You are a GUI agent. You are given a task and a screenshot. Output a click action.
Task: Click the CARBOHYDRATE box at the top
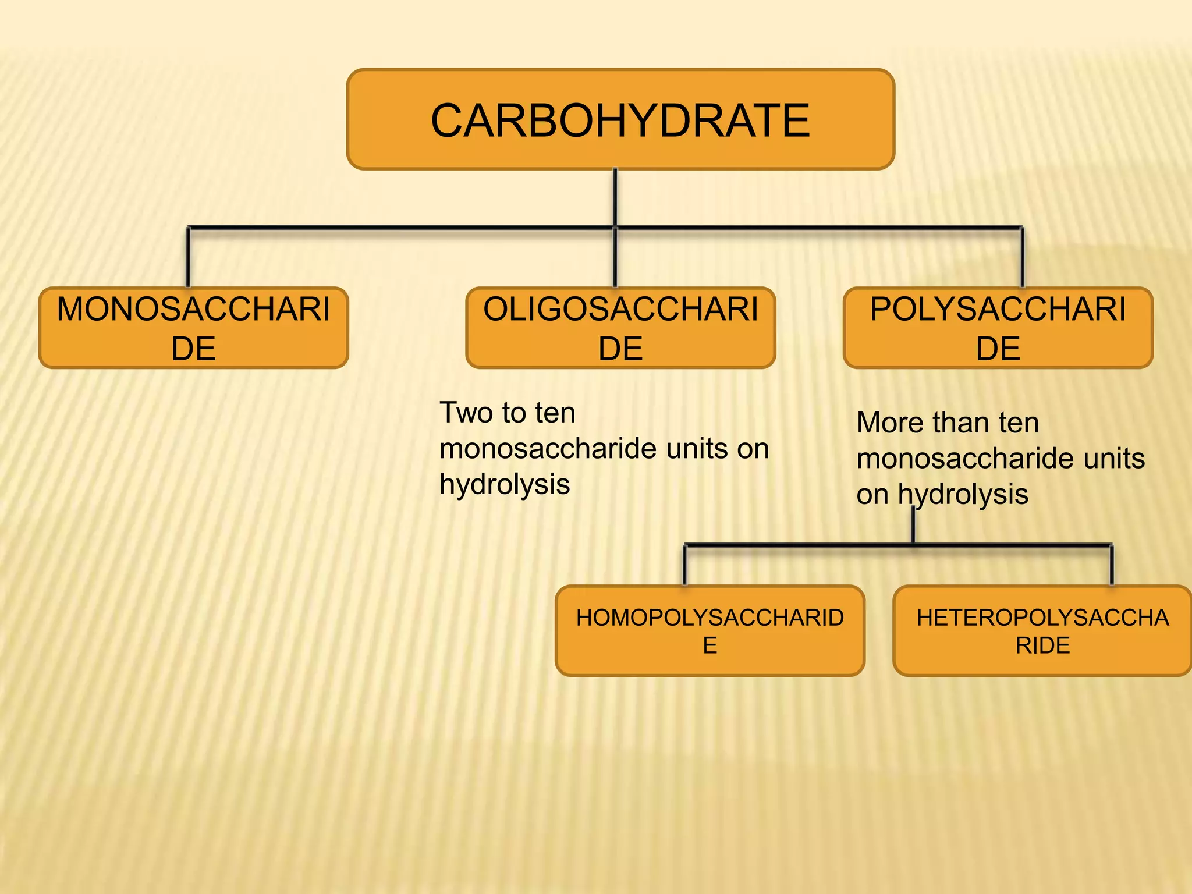tap(620, 119)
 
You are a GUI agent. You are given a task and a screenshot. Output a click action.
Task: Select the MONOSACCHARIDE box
tap(193, 328)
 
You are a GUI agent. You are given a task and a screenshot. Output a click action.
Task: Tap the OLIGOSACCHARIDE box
tap(620, 328)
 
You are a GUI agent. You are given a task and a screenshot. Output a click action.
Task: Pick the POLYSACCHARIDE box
tap(998, 328)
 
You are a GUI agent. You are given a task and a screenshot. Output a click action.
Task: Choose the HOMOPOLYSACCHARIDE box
tap(709, 631)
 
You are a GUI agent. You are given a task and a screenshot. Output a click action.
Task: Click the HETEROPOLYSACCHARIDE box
tap(1042, 631)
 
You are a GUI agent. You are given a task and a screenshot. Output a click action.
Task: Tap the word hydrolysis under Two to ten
tap(505, 484)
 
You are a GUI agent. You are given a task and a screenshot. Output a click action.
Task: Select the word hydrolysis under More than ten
tap(963, 494)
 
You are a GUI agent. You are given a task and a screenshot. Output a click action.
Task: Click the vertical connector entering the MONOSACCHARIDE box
tap(188, 257)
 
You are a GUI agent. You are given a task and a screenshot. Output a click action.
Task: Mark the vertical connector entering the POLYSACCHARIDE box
tap(1022, 257)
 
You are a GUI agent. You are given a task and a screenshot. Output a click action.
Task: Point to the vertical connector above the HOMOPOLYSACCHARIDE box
tap(684, 565)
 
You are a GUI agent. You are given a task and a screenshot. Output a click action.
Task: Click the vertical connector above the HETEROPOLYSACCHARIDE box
tap(1112, 565)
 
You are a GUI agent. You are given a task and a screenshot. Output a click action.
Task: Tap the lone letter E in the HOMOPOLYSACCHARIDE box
tap(709, 645)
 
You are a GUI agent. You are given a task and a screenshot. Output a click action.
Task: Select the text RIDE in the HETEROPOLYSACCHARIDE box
tap(1042, 645)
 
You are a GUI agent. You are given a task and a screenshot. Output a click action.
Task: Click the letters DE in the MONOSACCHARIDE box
tap(193, 349)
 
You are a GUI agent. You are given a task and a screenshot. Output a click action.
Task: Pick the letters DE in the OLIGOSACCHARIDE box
tap(620, 349)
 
